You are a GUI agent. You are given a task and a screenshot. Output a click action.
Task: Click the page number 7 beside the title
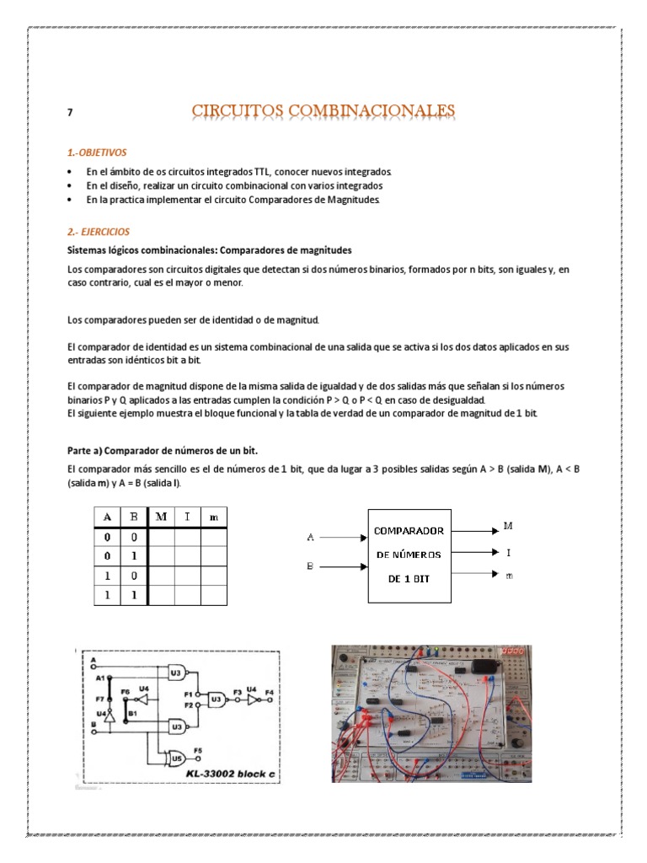pos(70,113)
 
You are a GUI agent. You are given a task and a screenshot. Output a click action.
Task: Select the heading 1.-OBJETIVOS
pos(96,153)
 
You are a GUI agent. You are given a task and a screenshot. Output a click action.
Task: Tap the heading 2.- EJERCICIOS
pos(99,231)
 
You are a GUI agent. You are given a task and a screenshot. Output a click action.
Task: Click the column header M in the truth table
pos(160,517)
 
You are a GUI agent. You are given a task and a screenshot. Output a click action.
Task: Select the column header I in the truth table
pos(187,517)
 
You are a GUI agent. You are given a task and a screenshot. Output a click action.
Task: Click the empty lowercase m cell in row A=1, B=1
pos(213,594)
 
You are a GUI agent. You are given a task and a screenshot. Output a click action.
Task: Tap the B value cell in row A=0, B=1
pos(133,555)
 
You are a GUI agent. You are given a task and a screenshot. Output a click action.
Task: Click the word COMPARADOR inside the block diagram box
pos(409,531)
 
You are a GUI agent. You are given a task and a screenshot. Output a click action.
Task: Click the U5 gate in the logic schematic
pos(176,757)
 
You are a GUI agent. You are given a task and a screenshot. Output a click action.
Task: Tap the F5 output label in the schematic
pos(198,748)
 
